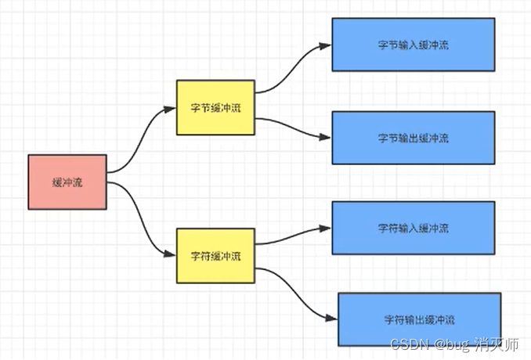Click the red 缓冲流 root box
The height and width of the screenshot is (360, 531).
67,182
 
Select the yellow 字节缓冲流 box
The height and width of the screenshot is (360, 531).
215,106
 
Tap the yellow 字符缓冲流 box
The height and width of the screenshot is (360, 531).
215,256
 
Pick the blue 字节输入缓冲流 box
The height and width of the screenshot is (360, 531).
413,45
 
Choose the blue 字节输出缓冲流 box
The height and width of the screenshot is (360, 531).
413,138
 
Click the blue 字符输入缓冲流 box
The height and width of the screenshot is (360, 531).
413,228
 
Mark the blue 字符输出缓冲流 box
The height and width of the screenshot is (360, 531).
419,319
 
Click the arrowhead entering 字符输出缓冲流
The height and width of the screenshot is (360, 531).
332,319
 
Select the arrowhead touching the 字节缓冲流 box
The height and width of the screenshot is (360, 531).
171,109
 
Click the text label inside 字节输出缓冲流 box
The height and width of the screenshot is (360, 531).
413,138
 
